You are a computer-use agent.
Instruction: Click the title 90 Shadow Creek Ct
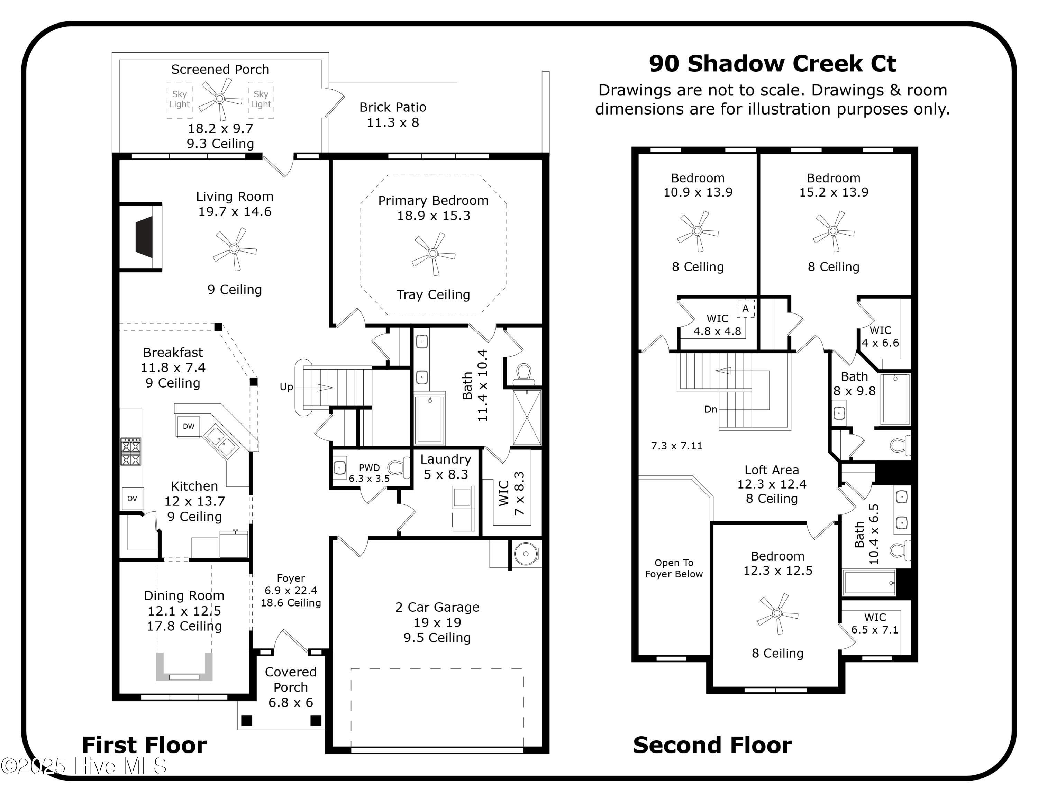[772, 64]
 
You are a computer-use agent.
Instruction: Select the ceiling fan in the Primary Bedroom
[432, 254]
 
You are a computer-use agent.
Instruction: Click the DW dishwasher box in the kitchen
[188, 426]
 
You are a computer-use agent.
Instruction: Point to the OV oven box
[132, 499]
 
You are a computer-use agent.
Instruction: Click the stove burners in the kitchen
[131, 452]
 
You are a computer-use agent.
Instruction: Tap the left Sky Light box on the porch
[179, 99]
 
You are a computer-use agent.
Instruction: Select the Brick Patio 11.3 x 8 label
[393, 115]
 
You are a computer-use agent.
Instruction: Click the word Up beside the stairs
[286, 387]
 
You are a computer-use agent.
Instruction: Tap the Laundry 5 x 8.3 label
[445, 467]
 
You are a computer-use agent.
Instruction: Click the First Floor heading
[144, 745]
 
